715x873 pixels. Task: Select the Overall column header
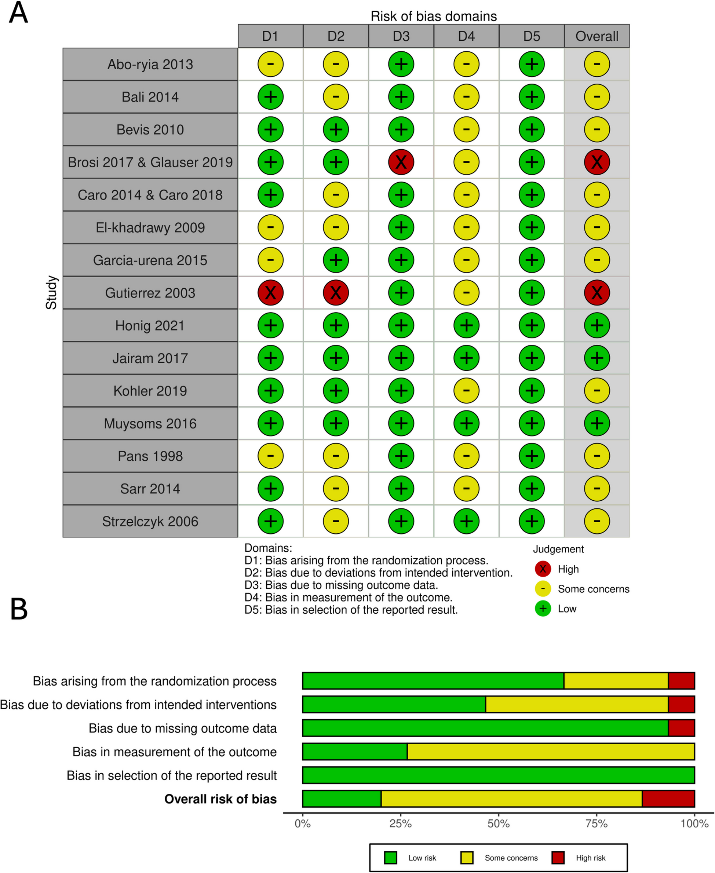coord(597,36)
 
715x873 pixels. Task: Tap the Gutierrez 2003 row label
coord(150,293)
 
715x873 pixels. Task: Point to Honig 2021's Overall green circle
coord(597,325)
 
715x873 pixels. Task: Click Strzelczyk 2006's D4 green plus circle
coord(466,521)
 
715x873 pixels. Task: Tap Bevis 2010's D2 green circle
coord(336,129)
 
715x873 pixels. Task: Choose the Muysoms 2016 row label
coord(150,423)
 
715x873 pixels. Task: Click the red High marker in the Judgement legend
coord(543,569)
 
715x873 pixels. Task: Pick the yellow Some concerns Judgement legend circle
coord(543,589)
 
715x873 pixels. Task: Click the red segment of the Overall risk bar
coord(668,799)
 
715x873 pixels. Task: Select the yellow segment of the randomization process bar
coord(616,681)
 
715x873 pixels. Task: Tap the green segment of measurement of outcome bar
coord(355,752)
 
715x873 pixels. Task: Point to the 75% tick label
coord(597,823)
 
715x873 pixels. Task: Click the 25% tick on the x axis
coord(400,823)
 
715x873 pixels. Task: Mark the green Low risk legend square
coord(390,858)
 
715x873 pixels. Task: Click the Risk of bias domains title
coord(433,16)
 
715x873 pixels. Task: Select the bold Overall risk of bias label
coord(220,799)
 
